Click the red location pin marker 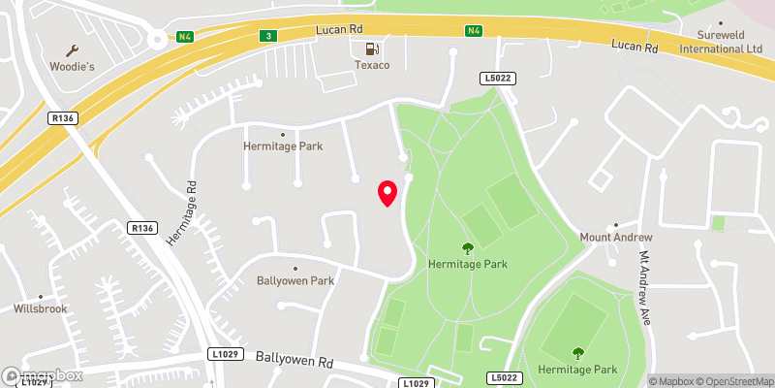tap(387, 193)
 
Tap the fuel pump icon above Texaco tap(370, 48)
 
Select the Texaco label tap(370, 65)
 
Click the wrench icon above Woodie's tap(71, 49)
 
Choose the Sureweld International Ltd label tap(721, 41)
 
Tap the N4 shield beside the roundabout tap(185, 37)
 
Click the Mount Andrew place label tap(616, 237)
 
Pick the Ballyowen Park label tap(295, 280)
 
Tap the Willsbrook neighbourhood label tap(40, 309)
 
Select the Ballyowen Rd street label tap(294, 358)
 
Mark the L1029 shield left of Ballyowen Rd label tap(224, 356)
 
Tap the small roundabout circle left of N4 tap(156, 40)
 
